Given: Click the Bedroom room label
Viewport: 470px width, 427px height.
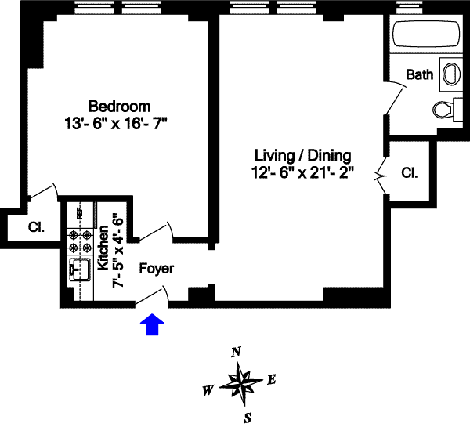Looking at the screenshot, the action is click(x=119, y=106).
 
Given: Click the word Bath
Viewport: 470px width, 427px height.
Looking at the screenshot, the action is click(x=420, y=75).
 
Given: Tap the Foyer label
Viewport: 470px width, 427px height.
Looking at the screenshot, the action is click(x=156, y=268).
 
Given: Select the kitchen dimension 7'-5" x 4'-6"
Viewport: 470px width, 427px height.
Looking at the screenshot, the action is click(x=118, y=250).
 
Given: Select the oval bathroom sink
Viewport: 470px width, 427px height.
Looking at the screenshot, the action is click(x=451, y=76).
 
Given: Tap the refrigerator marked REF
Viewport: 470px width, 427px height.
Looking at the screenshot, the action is click(x=80, y=212).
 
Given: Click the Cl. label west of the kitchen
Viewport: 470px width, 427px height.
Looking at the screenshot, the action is click(x=36, y=228).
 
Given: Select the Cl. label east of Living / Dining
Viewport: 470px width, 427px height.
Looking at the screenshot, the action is click(x=408, y=172).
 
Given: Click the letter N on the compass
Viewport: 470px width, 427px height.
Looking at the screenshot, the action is click(x=236, y=353).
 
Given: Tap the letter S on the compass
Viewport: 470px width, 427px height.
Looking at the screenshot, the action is click(x=247, y=416).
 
